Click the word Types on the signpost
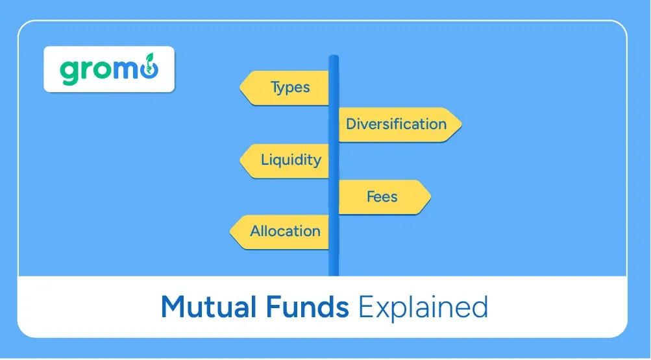290,88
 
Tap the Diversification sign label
396,124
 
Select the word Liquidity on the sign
291,160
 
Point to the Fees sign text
382,196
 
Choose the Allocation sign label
286,231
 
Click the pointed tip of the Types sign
241,88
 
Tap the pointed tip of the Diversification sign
460,124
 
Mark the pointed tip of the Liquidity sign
241,160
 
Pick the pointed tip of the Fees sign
429,196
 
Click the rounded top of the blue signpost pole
334,58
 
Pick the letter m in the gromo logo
121,70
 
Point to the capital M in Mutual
173,306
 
